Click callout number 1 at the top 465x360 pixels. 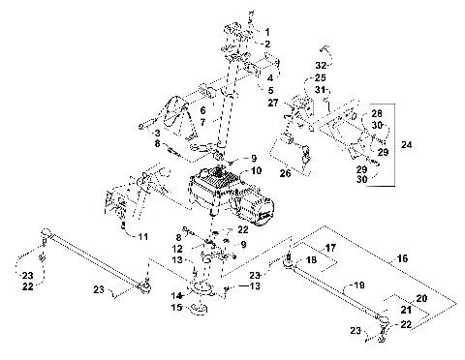point(268,33)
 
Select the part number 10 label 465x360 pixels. point(257,170)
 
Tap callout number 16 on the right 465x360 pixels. point(430,260)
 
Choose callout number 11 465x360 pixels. point(145,236)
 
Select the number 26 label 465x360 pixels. point(285,175)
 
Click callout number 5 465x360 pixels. point(268,89)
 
